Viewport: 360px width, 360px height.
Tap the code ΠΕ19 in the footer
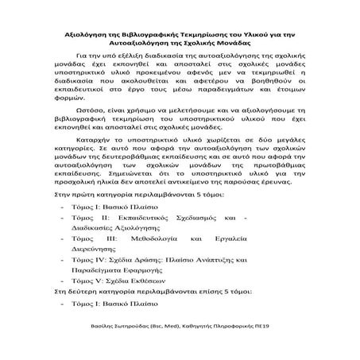point(287,348)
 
